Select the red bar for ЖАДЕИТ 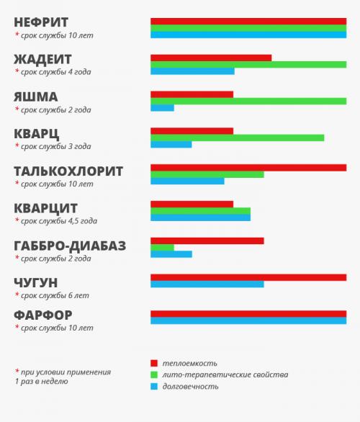pyautogui.click(x=211, y=58)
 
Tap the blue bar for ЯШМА pyautogui.click(x=162, y=108)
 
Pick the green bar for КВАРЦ pyautogui.click(x=237, y=138)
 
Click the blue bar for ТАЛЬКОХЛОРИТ pyautogui.click(x=187, y=181)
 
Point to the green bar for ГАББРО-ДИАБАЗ pyautogui.click(x=162, y=247)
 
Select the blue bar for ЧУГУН pyautogui.click(x=207, y=284)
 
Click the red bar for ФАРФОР pyautogui.click(x=248, y=313)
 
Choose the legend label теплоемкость pyautogui.click(x=190, y=363)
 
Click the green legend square pyautogui.click(x=153, y=374)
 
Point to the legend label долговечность pyautogui.click(x=190, y=386)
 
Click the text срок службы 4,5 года pyautogui.click(x=59, y=221)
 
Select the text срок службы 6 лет pyautogui.click(x=55, y=295)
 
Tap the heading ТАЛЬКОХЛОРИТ pyautogui.click(x=68, y=171)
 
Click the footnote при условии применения pyautogui.click(x=65, y=372)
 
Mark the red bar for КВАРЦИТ pyautogui.click(x=192, y=204)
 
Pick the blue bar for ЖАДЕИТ pyautogui.click(x=192, y=71)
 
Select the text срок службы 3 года pyautogui.click(x=56, y=146)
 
